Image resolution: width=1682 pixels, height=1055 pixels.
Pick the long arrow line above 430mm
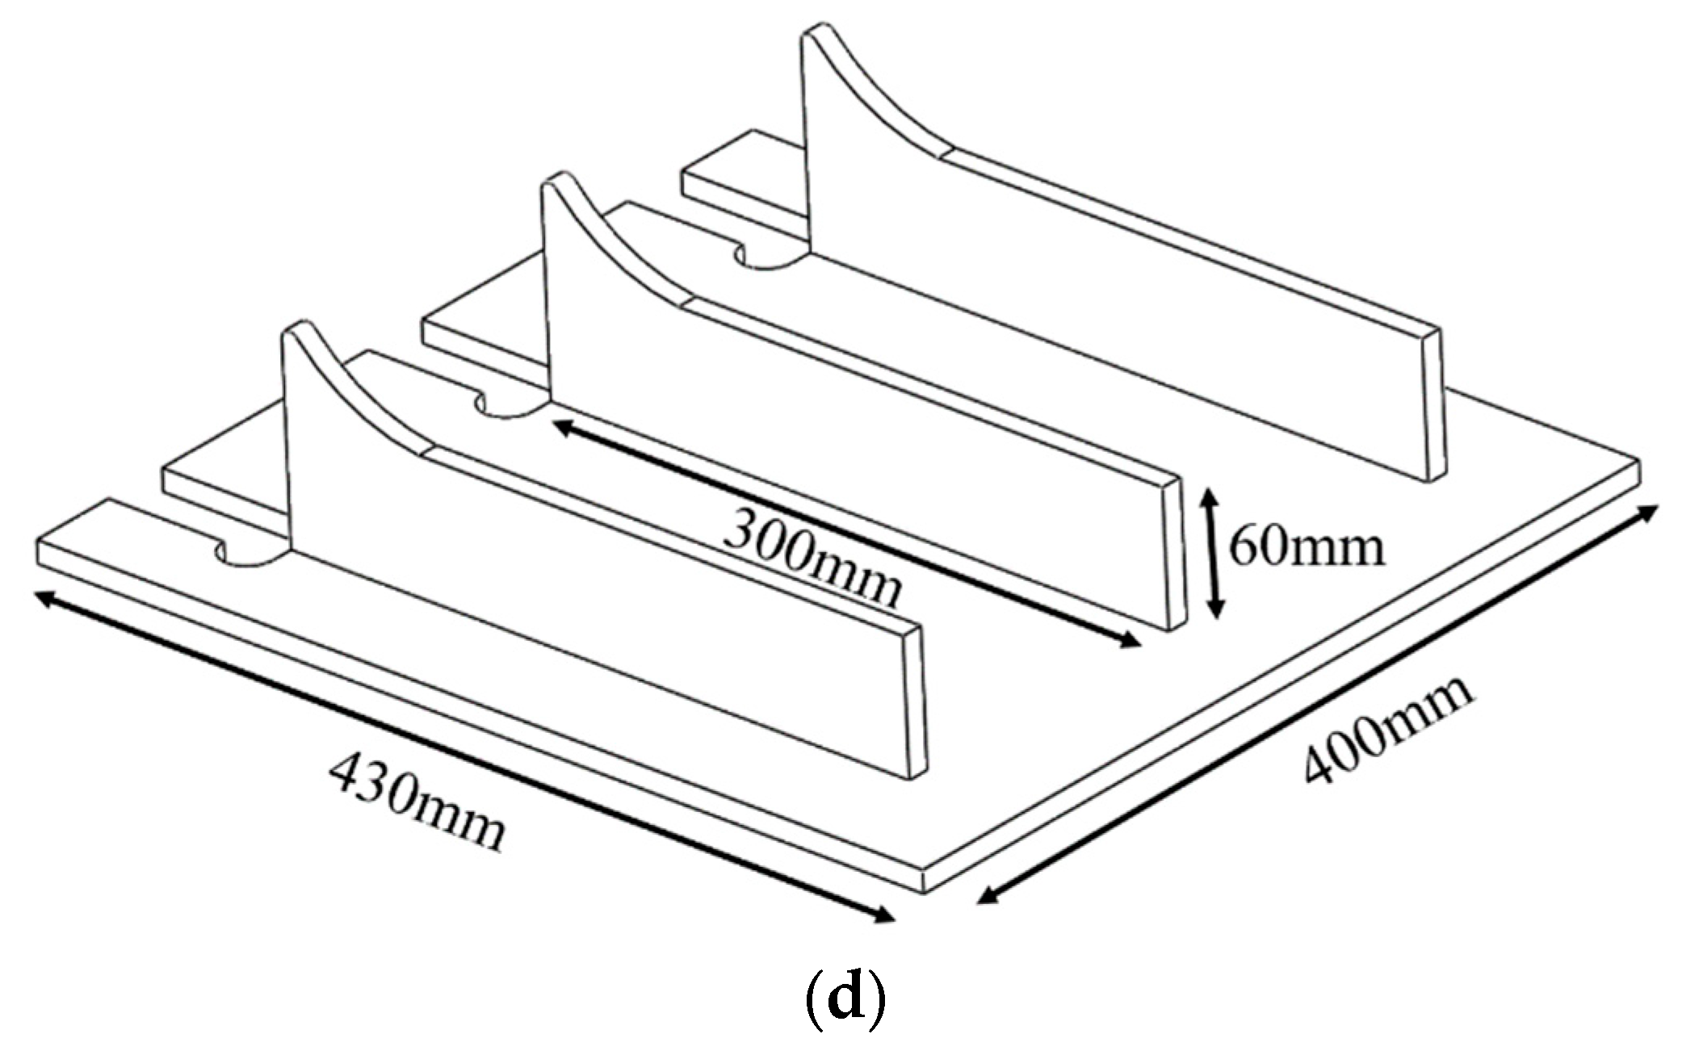tap(463, 756)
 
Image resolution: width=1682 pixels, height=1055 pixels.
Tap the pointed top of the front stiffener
tap(299, 330)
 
